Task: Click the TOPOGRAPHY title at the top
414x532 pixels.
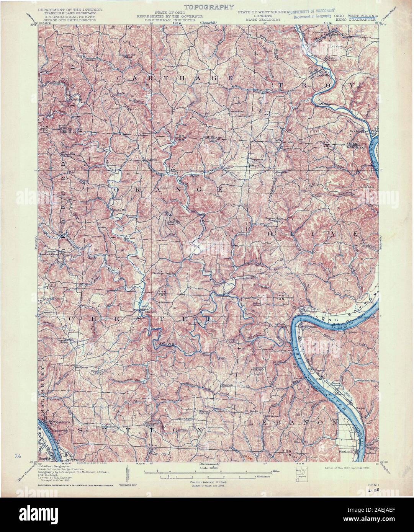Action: pyautogui.click(x=209, y=7)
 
